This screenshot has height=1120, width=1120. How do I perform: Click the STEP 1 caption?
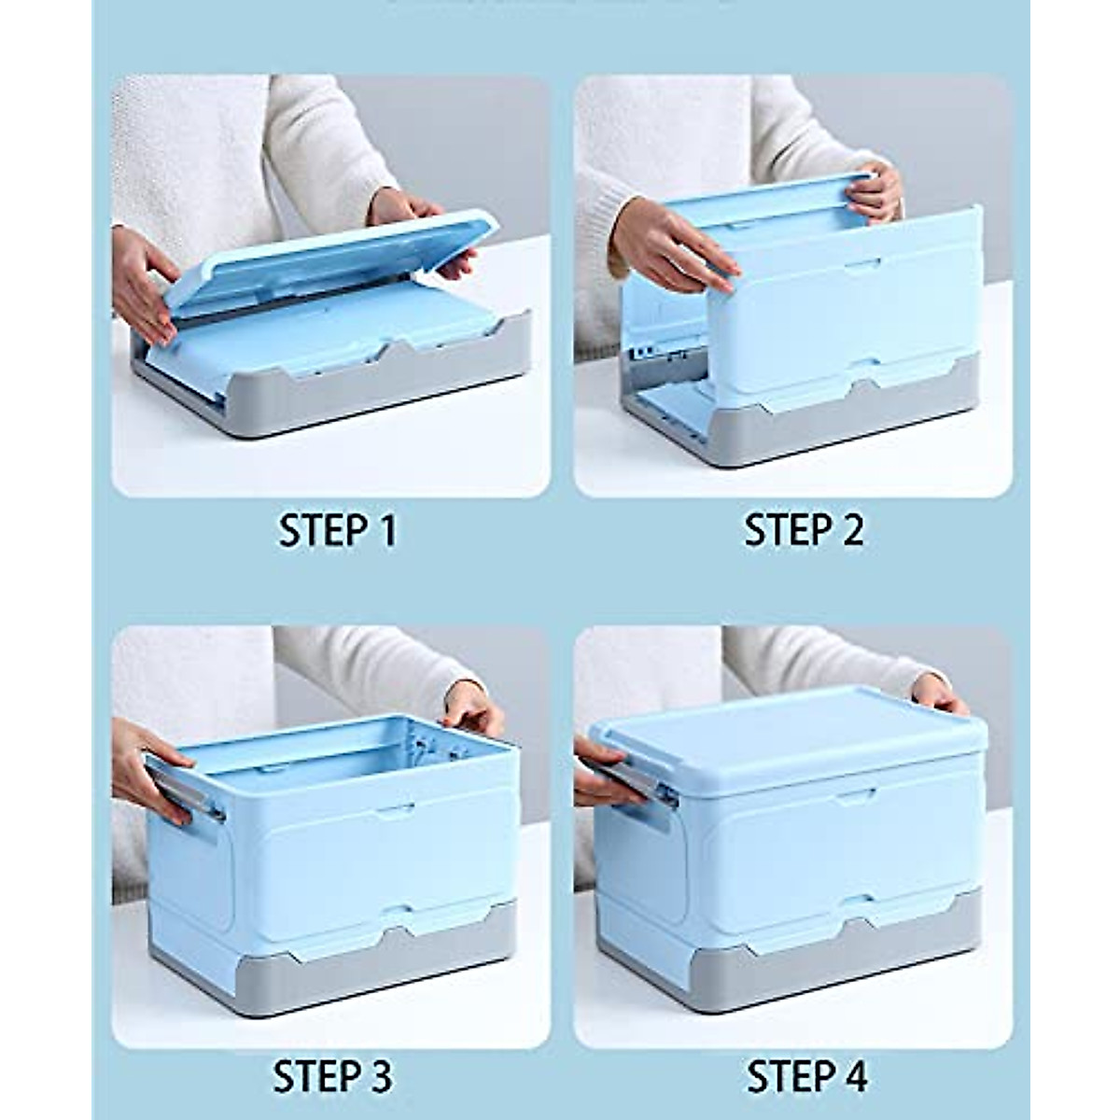tap(337, 530)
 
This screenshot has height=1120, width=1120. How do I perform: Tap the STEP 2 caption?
tap(803, 530)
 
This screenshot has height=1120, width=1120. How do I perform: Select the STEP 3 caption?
tap(333, 1075)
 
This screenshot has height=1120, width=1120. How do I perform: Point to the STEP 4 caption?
tap(806, 1075)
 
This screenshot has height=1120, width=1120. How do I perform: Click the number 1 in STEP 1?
tap(385, 530)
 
